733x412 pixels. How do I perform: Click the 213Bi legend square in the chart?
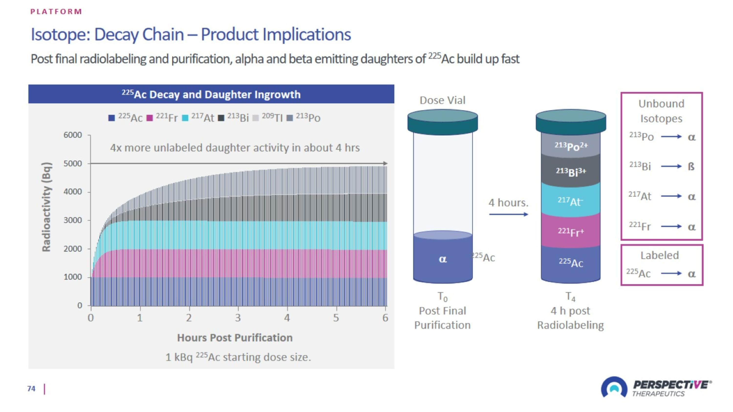pyautogui.click(x=221, y=118)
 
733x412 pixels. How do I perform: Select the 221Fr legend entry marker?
pyautogui.click(x=149, y=118)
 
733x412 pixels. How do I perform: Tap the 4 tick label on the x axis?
pyautogui.click(x=287, y=317)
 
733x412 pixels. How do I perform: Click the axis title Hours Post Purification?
pyautogui.click(x=235, y=338)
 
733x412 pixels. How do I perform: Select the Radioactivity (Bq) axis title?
pyautogui.click(x=46, y=207)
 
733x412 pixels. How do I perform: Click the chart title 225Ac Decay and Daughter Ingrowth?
pyautogui.click(x=211, y=94)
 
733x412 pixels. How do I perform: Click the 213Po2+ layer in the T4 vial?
pyautogui.click(x=571, y=146)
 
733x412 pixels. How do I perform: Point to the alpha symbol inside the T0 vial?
pyautogui.click(x=443, y=259)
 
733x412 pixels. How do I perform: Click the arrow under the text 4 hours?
pyautogui.click(x=508, y=214)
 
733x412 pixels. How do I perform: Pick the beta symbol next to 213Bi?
pyautogui.click(x=691, y=166)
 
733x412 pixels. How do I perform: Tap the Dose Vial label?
pyautogui.click(x=442, y=100)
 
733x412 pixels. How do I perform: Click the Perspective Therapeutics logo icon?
pyautogui.click(x=614, y=387)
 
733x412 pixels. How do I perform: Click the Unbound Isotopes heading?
pyautogui.click(x=661, y=111)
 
